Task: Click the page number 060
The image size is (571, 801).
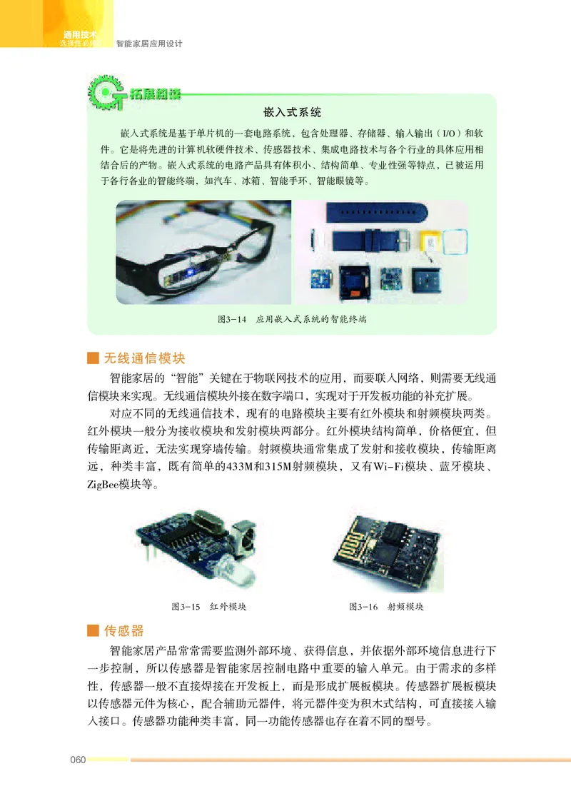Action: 77,760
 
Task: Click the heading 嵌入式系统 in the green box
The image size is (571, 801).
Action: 293,113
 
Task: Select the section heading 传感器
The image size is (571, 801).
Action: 124,630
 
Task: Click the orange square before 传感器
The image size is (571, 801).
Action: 91,631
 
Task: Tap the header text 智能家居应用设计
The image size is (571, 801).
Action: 149,44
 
